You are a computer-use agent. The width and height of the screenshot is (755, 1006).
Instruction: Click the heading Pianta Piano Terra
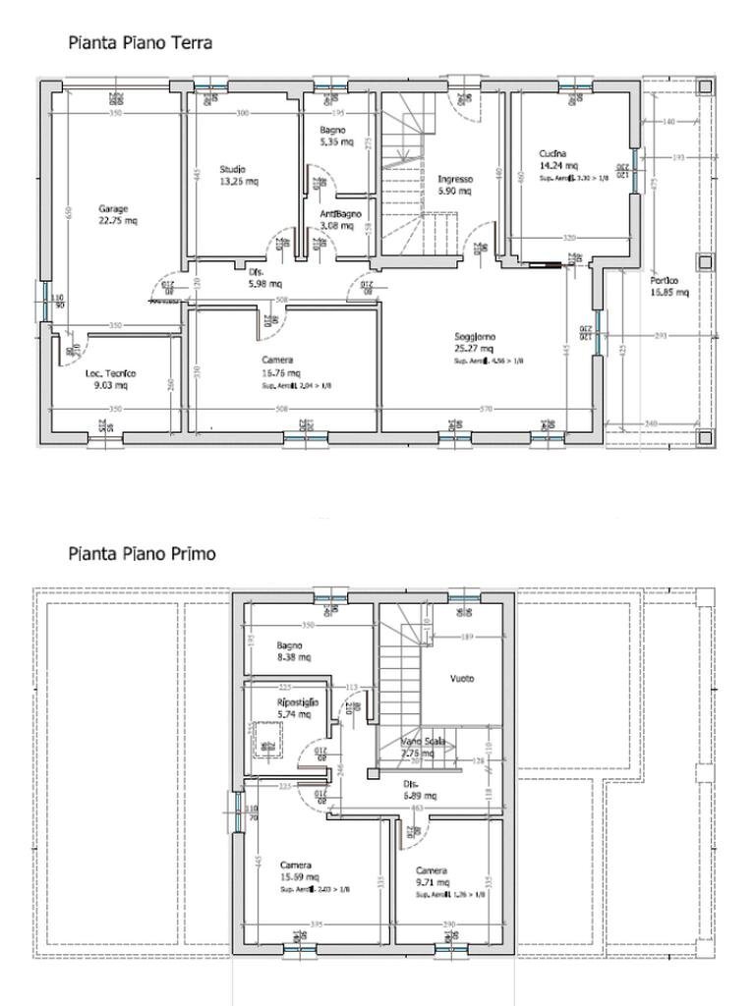pos(140,42)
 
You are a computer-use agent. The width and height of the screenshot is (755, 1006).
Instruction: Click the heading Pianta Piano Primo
pos(142,553)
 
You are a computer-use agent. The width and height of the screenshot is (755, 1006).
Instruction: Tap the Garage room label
pos(113,208)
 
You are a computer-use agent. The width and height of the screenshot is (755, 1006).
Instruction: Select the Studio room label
pos(233,169)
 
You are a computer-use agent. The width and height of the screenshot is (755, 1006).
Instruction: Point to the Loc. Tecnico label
pos(111,373)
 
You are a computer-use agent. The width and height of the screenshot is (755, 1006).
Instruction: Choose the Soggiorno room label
pos(475,336)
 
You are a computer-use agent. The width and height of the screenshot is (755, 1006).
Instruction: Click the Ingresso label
pos(455,180)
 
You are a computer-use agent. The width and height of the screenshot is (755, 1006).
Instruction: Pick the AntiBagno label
pos(340,213)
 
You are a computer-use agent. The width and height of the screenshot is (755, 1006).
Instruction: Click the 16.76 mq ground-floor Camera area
pos(278,373)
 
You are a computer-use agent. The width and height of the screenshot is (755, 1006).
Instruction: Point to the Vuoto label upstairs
pos(462,679)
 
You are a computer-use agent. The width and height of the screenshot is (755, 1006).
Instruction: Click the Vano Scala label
pos(423,741)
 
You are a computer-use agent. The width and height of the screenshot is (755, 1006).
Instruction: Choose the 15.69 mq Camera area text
pos(299,877)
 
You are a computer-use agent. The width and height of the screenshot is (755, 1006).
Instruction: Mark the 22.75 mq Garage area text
pos(117,221)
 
